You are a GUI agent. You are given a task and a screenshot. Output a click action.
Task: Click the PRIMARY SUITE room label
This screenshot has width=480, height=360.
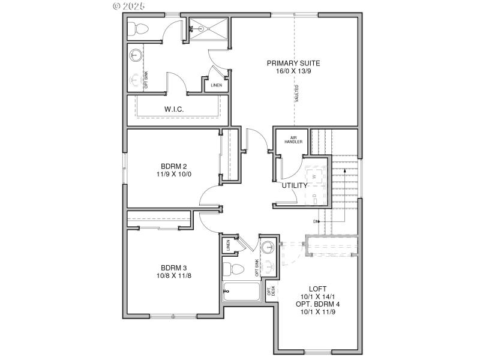pos(293,63)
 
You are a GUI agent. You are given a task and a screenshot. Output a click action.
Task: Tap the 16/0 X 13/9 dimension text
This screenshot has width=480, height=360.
pos(293,71)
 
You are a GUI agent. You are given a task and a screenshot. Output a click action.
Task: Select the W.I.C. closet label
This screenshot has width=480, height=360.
pos(174,109)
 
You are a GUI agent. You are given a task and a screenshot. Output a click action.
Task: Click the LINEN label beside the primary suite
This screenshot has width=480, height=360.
pos(216,85)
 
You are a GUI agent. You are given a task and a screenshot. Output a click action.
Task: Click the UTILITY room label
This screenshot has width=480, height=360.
pos(295,185)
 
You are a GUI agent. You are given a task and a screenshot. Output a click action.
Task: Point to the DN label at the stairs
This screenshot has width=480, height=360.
pos(316,221)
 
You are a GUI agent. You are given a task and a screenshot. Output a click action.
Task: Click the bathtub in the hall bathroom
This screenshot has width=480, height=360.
pos(241,292)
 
